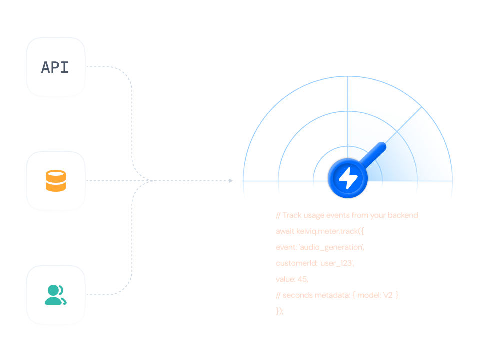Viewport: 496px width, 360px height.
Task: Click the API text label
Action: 55,67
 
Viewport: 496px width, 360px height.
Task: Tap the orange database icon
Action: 56,181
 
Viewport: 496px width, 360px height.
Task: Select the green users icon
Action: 56,294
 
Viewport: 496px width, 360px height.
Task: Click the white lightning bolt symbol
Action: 347,177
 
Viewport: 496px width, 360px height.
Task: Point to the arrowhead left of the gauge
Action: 230,181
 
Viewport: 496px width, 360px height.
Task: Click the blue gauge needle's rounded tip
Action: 382,146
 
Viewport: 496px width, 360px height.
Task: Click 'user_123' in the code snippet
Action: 339,263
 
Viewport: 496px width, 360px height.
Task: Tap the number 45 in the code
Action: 302,279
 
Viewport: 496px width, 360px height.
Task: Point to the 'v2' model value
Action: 388,295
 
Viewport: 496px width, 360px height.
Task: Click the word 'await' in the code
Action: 285,231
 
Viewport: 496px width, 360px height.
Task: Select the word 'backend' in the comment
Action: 403,215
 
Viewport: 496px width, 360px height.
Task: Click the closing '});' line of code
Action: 280,311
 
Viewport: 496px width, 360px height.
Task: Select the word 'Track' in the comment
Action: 292,215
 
